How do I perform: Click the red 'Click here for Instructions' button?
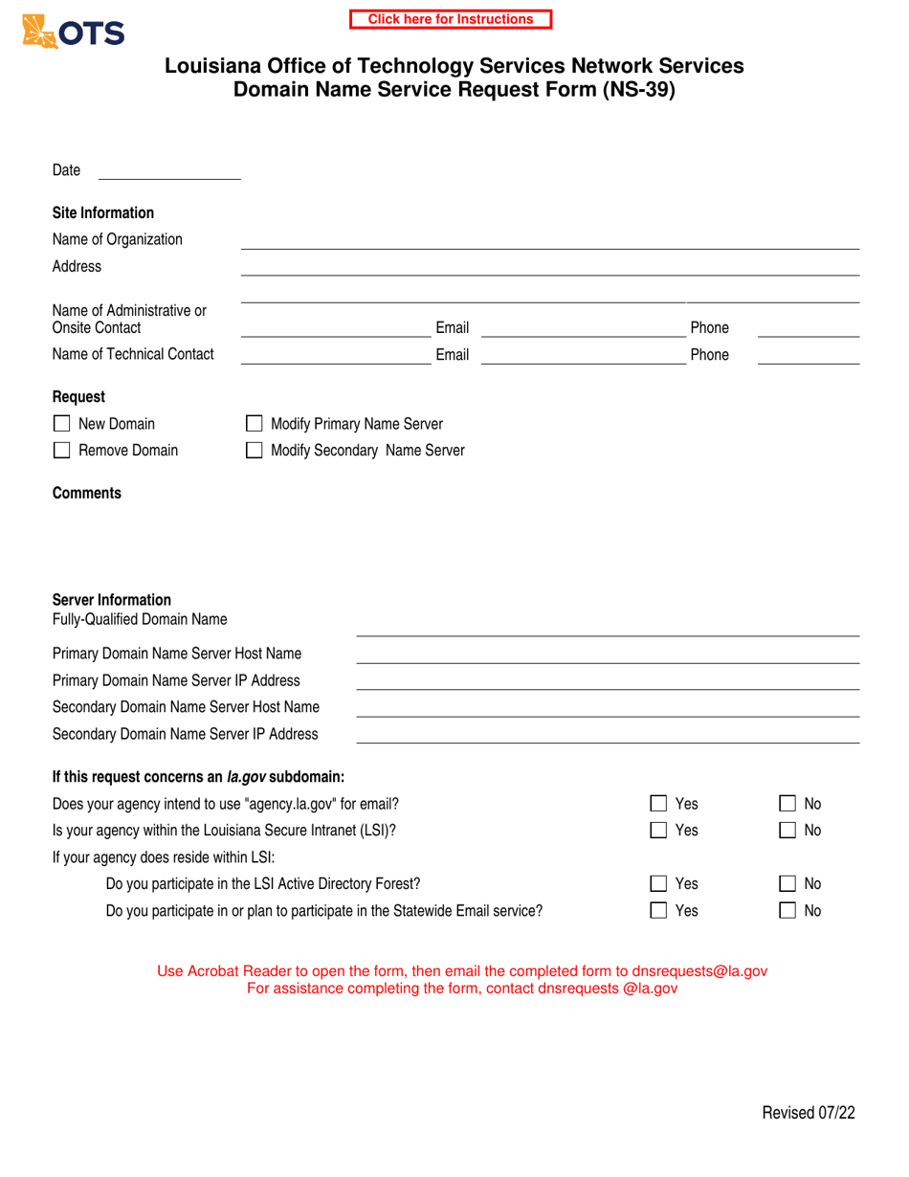[451, 19]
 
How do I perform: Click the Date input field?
[169, 170]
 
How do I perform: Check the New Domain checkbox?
[61, 424]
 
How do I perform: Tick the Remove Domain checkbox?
[61, 450]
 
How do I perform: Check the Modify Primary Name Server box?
[255, 424]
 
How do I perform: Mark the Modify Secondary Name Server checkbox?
[255, 450]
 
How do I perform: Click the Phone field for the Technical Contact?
[809, 355]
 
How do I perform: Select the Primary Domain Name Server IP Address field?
[608, 680]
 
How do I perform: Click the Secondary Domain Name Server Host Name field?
[608, 707]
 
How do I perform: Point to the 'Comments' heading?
[87, 494]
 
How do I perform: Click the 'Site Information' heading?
[102, 212]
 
